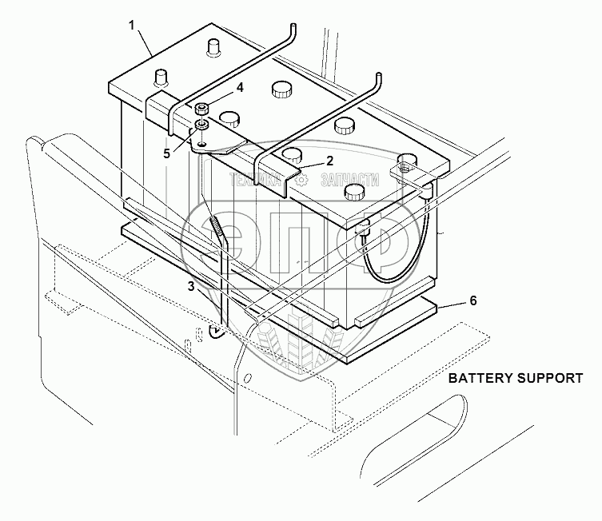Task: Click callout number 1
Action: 133,26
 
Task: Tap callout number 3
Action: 191,285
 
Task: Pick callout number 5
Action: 167,153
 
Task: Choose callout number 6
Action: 472,300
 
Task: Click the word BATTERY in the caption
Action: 477,378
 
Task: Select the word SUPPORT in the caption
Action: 548,378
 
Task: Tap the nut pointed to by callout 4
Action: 201,109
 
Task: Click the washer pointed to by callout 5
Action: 201,125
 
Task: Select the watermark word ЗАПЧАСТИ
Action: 349,180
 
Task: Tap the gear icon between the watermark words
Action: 301,180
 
